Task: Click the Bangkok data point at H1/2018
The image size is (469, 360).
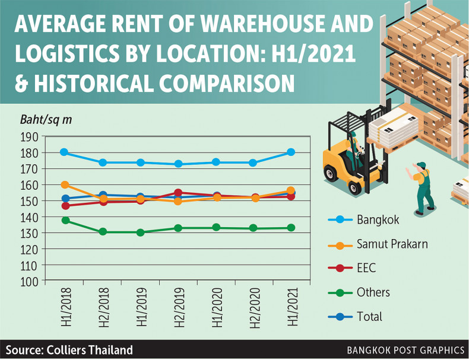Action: [64, 152]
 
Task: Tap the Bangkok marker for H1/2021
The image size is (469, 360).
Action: [291, 152]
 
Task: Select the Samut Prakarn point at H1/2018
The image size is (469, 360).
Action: [64, 185]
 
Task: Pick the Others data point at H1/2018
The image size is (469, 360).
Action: [65, 221]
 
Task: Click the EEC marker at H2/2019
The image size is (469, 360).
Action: [178, 193]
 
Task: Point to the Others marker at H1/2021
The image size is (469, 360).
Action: [291, 228]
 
